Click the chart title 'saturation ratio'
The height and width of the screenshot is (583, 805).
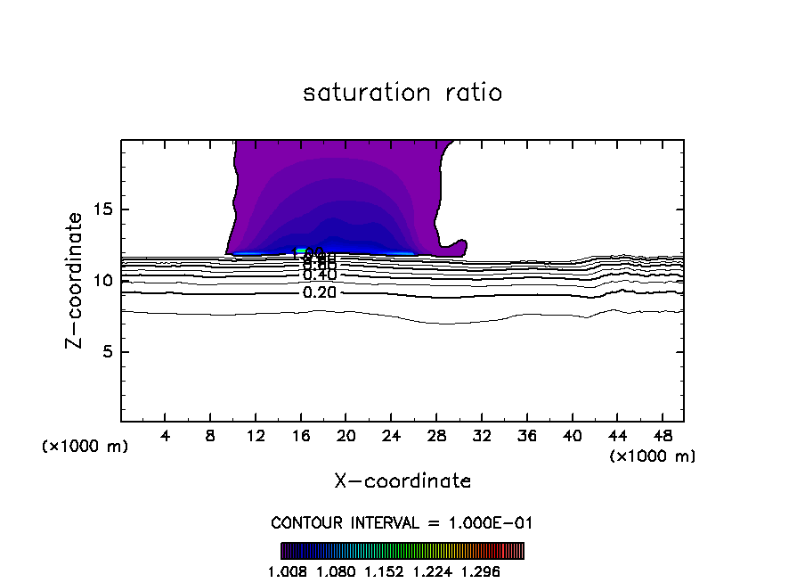pos(402,93)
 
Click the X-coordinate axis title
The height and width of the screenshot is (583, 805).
pos(402,480)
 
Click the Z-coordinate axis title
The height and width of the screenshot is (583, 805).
pos(75,280)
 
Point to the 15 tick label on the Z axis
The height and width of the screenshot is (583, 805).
pos(102,209)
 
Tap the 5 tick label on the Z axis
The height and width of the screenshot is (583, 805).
pos(106,351)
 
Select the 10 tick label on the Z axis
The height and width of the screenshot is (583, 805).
pos(102,281)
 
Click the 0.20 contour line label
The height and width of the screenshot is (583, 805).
pos(320,292)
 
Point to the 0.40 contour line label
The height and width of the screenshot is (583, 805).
pos(320,275)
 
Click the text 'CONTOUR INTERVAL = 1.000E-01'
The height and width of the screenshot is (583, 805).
pos(402,522)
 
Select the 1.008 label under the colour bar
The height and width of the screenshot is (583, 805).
pos(287,571)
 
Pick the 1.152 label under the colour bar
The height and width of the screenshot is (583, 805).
pos(385,571)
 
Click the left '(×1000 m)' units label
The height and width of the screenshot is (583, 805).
pos(85,447)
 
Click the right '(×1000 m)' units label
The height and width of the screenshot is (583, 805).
pos(653,456)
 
